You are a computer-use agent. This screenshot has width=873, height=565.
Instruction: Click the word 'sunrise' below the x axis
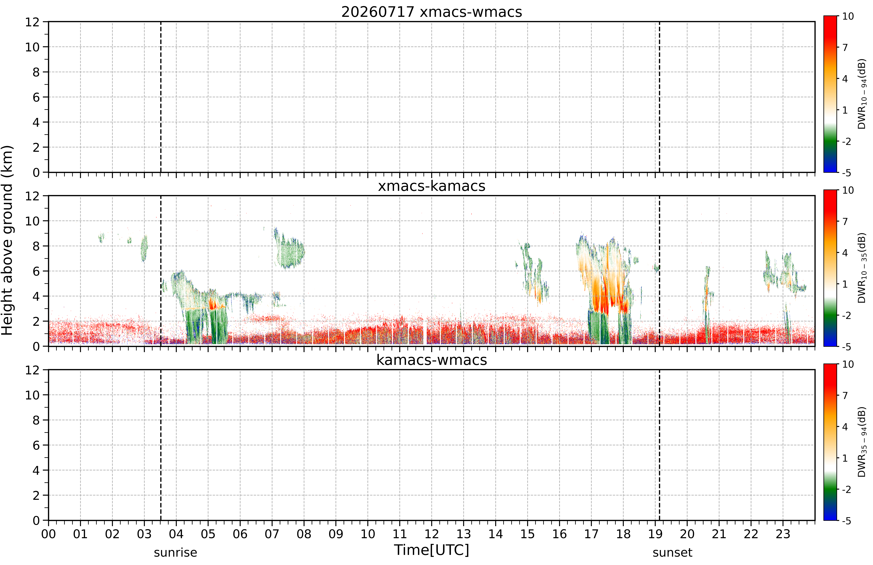click(x=175, y=553)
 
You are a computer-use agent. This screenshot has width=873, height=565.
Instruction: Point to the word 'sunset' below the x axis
click(x=672, y=553)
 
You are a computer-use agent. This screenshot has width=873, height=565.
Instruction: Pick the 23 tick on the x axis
click(x=783, y=534)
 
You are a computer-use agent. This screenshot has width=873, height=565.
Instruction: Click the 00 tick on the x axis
click(x=48, y=534)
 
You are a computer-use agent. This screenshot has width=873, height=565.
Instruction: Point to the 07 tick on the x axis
click(x=272, y=534)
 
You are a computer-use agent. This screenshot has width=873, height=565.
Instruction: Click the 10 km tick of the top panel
click(x=32, y=47)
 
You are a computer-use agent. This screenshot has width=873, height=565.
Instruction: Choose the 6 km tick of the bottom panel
click(x=36, y=445)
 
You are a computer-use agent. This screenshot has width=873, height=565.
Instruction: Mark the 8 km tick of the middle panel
click(x=36, y=246)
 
